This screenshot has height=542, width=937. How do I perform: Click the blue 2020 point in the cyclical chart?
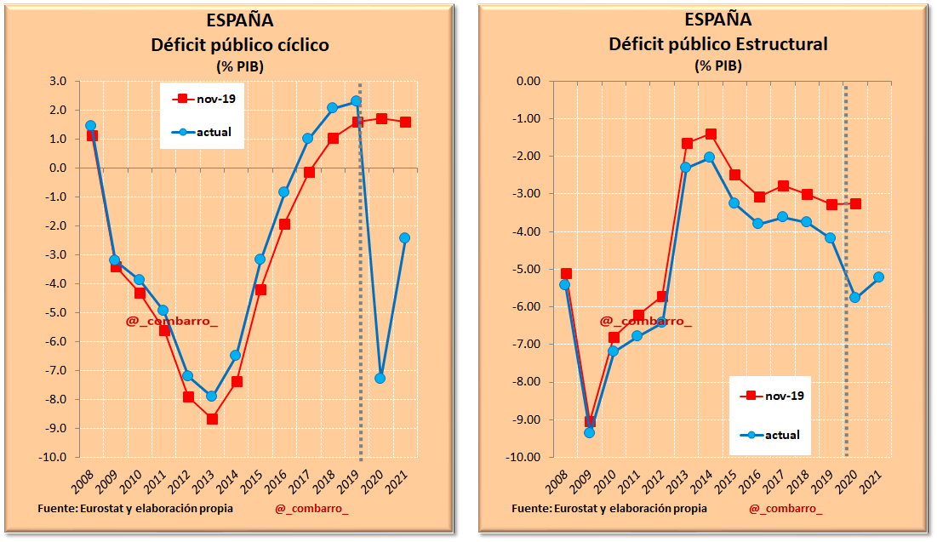pyautogui.click(x=380, y=378)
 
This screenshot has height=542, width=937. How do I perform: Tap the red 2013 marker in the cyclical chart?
pyautogui.click(x=212, y=419)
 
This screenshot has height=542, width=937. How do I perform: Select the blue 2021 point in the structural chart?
pyautogui.click(x=879, y=277)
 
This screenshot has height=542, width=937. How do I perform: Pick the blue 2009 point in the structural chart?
pyautogui.click(x=589, y=432)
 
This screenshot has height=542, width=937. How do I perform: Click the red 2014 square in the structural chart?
pyautogui.click(x=710, y=134)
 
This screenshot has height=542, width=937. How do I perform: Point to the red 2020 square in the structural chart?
pyautogui.click(x=855, y=203)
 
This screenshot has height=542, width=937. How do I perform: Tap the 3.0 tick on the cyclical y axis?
pyautogui.click(x=58, y=82)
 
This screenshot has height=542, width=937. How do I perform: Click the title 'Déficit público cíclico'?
pyautogui.click(x=240, y=44)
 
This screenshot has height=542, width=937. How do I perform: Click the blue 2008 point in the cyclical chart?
pyautogui.click(x=90, y=126)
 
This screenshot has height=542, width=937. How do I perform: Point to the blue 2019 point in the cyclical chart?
pyautogui.click(x=356, y=100)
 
